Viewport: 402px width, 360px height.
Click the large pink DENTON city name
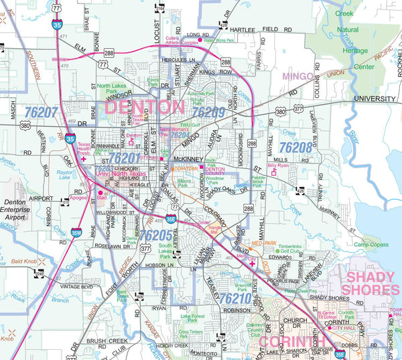click(x=144, y=107)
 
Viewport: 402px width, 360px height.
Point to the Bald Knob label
click(x=23, y=261)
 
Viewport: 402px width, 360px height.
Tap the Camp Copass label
click(x=371, y=245)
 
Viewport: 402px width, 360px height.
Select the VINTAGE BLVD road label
click(x=78, y=286)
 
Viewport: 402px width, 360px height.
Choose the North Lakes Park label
click(x=111, y=90)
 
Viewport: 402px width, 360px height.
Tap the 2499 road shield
click(x=39, y=273)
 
